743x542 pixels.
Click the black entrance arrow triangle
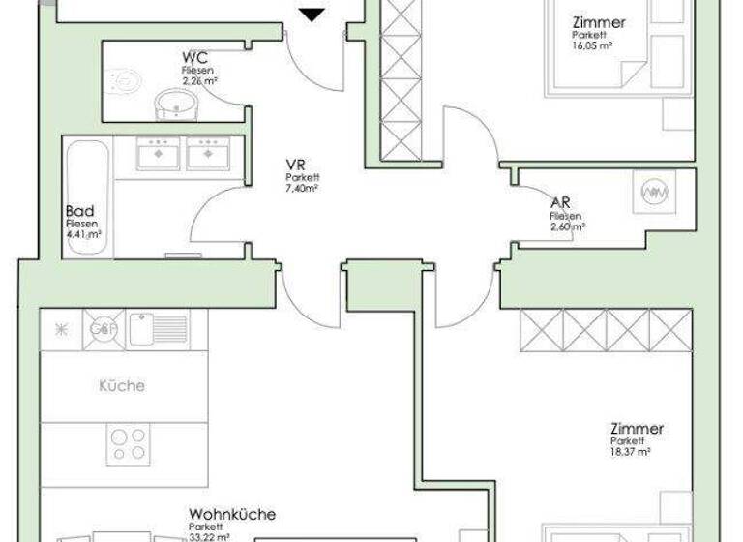(311, 14)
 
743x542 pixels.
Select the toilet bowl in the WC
(124, 82)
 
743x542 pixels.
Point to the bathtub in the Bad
(84, 196)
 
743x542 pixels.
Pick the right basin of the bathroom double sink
(207, 153)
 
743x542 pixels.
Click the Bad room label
(80, 211)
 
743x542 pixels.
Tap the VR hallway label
(296, 166)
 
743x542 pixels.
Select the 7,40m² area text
(303, 189)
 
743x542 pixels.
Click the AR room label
(560, 203)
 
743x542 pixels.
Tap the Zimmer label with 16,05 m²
(598, 22)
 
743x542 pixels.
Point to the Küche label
(122, 385)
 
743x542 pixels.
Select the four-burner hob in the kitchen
(129, 443)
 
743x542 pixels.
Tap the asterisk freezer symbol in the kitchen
(60, 329)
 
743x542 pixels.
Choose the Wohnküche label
(232, 514)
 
